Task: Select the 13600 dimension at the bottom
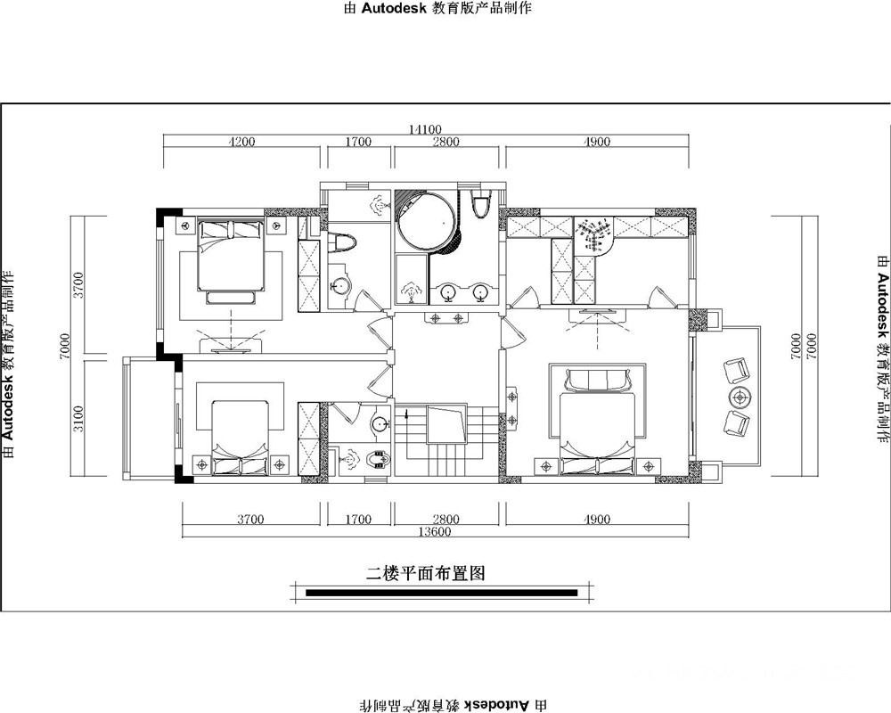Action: [x=434, y=531]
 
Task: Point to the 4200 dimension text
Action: [x=241, y=142]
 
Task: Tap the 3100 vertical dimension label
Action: [x=78, y=419]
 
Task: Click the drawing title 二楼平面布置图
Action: [x=425, y=574]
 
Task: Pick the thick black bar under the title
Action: [x=442, y=593]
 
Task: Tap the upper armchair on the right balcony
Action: [x=737, y=370]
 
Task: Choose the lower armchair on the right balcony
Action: [x=737, y=424]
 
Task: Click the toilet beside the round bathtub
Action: [x=481, y=205]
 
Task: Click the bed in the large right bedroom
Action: [x=597, y=422]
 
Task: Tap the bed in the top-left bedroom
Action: [x=231, y=255]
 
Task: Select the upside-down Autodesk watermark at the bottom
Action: [x=454, y=706]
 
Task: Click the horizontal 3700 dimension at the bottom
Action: [x=250, y=519]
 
